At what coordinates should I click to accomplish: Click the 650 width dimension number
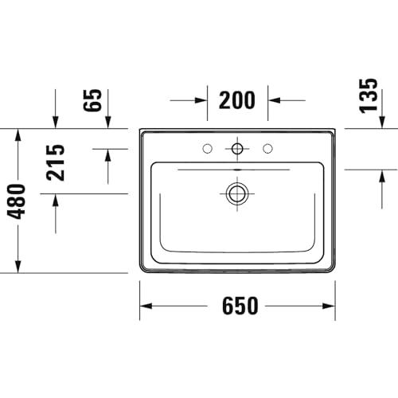pyautogui.click(x=240, y=306)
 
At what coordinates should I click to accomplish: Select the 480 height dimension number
pyautogui.click(x=17, y=201)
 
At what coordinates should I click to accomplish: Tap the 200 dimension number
pyautogui.click(x=237, y=100)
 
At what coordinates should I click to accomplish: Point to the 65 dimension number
pyautogui.click(x=92, y=100)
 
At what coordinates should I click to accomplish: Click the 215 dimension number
pyautogui.click(x=56, y=162)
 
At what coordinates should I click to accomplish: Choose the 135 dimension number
pyautogui.click(x=368, y=96)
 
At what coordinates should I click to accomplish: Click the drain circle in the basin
pyautogui.click(x=237, y=193)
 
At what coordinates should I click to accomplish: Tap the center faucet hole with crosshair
pyautogui.click(x=237, y=149)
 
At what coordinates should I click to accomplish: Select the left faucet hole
pyautogui.click(x=207, y=149)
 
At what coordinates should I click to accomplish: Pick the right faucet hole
pyautogui.click(x=267, y=149)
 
